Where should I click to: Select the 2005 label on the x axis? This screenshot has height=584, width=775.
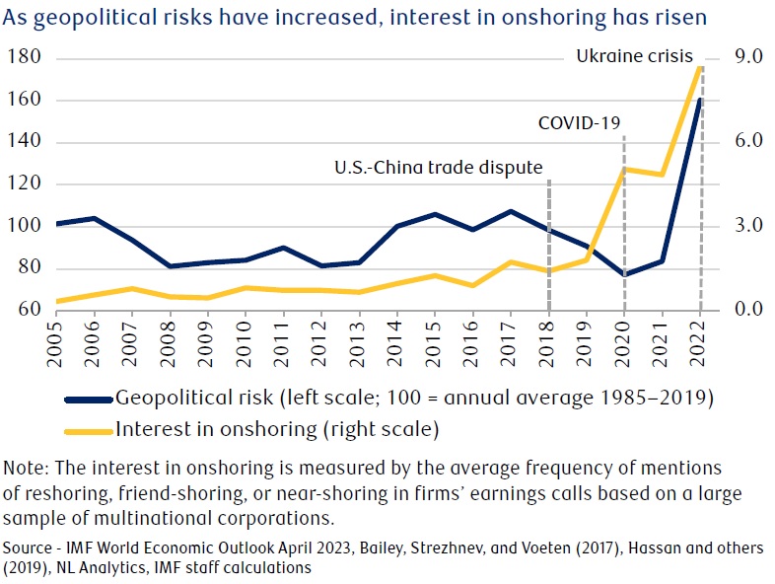click(x=57, y=335)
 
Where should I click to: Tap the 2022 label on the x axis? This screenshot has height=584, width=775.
click(x=700, y=335)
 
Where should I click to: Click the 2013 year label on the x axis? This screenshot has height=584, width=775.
click(x=360, y=335)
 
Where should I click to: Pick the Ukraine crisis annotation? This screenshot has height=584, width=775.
click(x=635, y=56)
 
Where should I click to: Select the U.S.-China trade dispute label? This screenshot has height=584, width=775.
click(x=439, y=166)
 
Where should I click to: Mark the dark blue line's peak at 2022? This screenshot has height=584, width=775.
click(x=700, y=99)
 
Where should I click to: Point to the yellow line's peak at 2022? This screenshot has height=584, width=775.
click(x=700, y=66)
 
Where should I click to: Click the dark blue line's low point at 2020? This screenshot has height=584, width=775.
click(x=624, y=274)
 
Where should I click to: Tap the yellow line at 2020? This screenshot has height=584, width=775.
click(x=624, y=170)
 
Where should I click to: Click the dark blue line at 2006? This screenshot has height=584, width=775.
click(x=95, y=218)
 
